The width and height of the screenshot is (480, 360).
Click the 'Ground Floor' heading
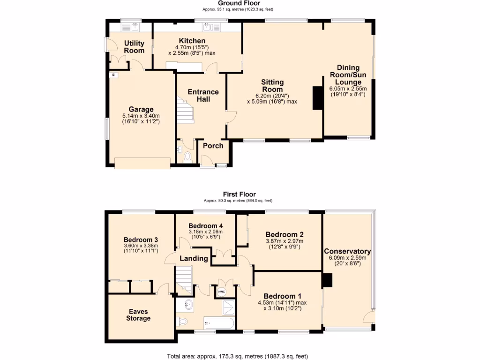(x=240, y=3)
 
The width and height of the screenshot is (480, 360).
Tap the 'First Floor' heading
(x=239, y=194)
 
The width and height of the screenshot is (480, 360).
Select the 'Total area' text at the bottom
(x=238, y=356)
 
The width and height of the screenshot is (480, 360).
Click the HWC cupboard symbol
(x=221, y=292)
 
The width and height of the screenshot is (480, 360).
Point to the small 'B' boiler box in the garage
(x=113, y=75)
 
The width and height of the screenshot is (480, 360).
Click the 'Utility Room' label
(x=134, y=47)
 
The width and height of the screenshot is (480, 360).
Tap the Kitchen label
(x=191, y=41)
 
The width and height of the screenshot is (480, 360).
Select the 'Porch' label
(x=213, y=145)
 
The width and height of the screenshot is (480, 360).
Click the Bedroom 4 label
(x=205, y=225)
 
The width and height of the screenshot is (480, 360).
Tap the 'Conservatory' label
(x=347, y=251)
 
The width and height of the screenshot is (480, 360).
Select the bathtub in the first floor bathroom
(x=219, y=323)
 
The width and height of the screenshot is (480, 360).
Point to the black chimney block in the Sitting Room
(x=317, y=97)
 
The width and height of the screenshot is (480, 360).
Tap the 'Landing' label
(x=194, y=258)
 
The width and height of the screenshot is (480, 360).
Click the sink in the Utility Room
(x=135, y=27)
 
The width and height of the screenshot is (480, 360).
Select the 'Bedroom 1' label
(x=282, y=296)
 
